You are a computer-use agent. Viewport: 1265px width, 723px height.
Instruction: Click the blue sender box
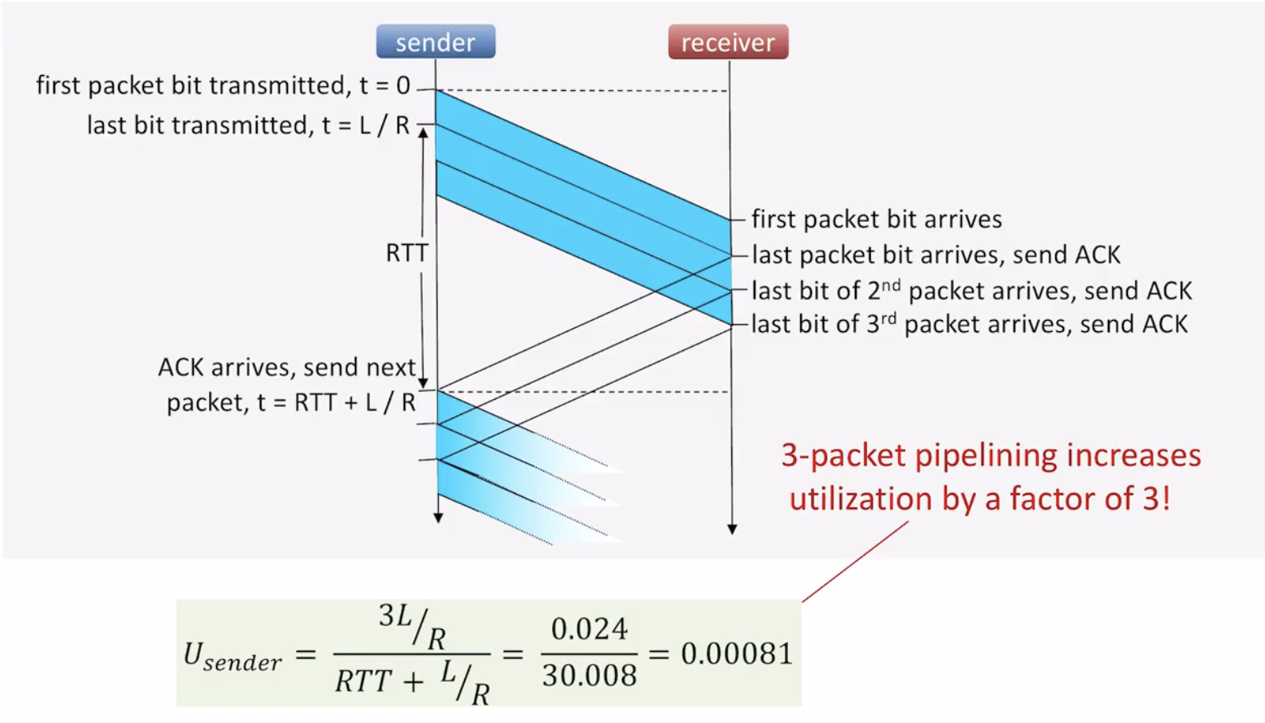(x=435, y=41)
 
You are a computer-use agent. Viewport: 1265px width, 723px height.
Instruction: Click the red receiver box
(x=727, y=41)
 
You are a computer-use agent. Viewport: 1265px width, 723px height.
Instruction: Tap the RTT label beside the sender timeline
(x=407, y=253)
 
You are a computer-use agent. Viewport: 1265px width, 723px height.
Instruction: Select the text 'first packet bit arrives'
(x=876, y=219)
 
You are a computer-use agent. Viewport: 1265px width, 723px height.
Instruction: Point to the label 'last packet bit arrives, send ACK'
(x=936, y=255)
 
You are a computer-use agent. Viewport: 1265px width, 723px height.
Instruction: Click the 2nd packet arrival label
(x=971, y=290)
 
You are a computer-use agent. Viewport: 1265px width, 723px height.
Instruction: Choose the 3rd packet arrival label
(x=969, y=324)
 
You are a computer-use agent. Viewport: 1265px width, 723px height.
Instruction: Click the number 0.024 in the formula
(x=589, y=629)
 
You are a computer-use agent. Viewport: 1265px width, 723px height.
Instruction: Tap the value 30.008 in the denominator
(x=589, y=676)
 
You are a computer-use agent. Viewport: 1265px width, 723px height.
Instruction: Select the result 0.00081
(x=736, y=654)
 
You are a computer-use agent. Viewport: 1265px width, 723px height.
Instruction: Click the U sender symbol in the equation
(x=231, y=656)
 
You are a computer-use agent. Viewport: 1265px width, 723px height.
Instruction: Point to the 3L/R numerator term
(x=412, y=624)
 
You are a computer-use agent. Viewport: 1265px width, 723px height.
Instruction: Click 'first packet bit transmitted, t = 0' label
(x=223, y=85)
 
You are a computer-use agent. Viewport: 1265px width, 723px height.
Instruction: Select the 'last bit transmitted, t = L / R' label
(x=247, y=125)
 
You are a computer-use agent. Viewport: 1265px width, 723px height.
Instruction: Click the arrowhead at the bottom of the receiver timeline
(x=732, y=529)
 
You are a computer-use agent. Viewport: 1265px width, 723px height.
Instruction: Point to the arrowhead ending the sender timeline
(x=438, y=518)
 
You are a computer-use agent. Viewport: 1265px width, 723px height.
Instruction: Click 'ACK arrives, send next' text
(x=286, y=367)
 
